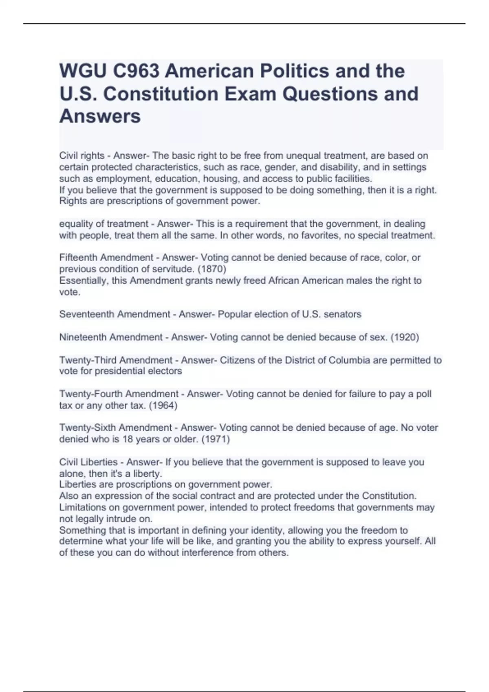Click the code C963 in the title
coord(136,71)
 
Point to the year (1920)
coord(405,337)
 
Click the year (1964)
coord(163,405)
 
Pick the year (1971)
coord(216,440)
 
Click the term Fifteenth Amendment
coord(106,258)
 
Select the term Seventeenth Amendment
coord(115,314)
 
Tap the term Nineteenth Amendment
coord(111,337)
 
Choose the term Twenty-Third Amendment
coord(116,360)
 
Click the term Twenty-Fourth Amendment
coord(119,394)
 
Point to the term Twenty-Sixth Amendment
coord(115,428)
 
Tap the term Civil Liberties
coord(88,462)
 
